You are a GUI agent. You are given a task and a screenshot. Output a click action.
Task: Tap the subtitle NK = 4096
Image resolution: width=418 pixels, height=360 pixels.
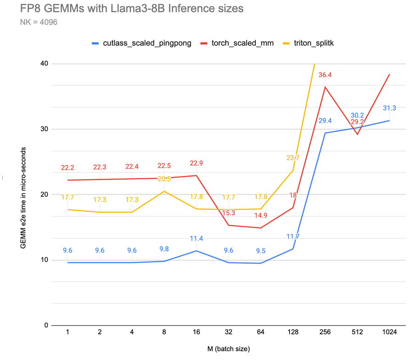[38, 22]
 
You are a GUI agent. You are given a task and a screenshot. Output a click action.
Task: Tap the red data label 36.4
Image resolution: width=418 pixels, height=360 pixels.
[325, 75]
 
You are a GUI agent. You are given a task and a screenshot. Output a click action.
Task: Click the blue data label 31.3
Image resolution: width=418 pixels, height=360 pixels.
[389, 108]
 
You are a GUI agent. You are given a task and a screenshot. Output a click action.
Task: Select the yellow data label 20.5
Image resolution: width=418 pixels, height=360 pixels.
[164, 179]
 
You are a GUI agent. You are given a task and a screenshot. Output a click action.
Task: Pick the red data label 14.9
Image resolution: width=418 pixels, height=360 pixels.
[260, 216]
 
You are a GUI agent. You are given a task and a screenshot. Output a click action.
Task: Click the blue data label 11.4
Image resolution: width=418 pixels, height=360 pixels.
[196, 238]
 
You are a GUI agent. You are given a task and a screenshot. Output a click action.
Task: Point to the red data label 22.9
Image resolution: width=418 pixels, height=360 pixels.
[196, 163]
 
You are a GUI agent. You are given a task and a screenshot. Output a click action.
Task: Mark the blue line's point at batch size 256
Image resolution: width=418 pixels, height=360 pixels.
[325, 133]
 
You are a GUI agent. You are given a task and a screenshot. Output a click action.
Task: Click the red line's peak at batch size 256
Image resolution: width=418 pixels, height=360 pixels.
[325, 87]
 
